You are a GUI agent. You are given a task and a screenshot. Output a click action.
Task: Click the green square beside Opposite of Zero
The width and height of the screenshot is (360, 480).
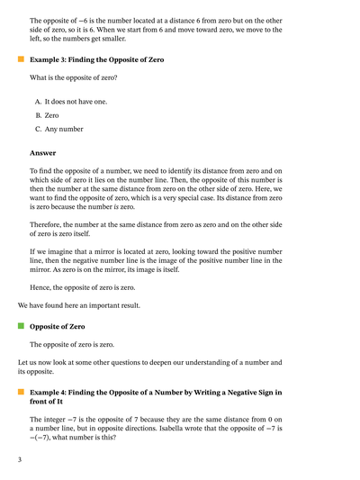click(x=20, y=325)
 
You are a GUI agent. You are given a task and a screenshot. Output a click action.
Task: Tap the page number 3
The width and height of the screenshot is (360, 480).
click(x=19, y=459)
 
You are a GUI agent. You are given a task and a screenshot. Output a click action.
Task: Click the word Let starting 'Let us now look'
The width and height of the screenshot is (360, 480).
click(x=22, y=362)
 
